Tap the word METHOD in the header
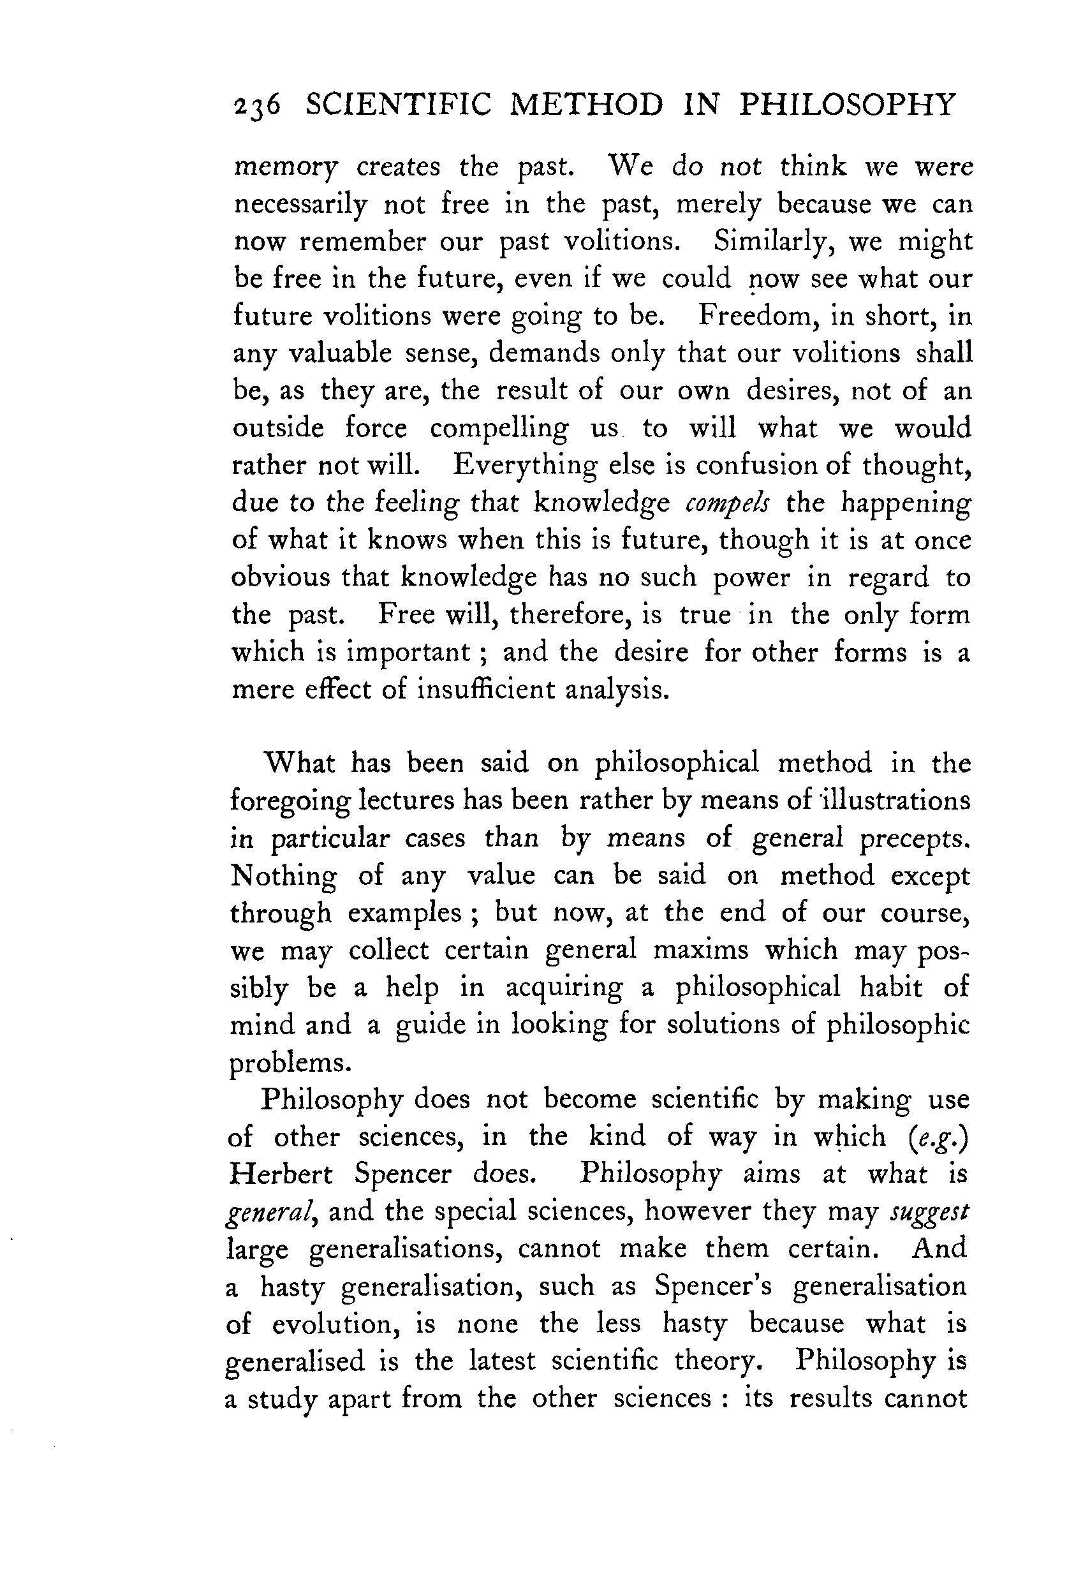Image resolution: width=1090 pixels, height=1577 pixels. click(x=587, y=105)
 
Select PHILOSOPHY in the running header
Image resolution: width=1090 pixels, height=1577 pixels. click(x=847, y=105)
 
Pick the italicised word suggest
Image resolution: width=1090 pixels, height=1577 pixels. click(x=929, y=1211)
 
